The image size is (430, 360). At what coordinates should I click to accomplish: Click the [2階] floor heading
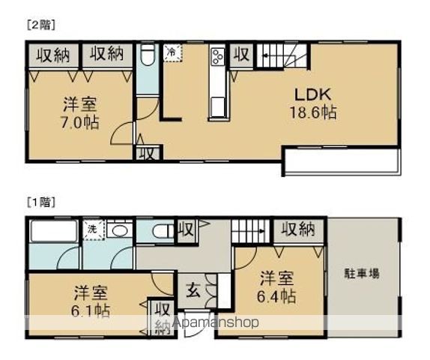tap(41, 24)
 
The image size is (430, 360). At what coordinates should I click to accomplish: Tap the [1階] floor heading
tap(41, 202)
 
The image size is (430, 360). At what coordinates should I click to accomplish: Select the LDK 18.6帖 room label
tap(313, 103)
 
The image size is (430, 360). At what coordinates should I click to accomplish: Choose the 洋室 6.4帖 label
tap(277, 286)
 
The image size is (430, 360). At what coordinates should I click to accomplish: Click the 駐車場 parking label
tap(362, 273)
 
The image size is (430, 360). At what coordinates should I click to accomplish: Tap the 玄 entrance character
tap(192, 289)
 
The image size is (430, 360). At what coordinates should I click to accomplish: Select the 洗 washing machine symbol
tap(91, 229)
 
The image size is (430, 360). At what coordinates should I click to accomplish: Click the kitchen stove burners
tap(218, 56)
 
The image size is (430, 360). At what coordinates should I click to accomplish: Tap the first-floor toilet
tap(160, 231)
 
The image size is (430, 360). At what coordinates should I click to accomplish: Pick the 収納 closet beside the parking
tap(298, 229)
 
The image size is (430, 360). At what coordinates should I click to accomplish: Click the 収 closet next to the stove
tap(241, 55)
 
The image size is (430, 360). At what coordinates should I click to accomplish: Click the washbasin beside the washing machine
tap(118, 229)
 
